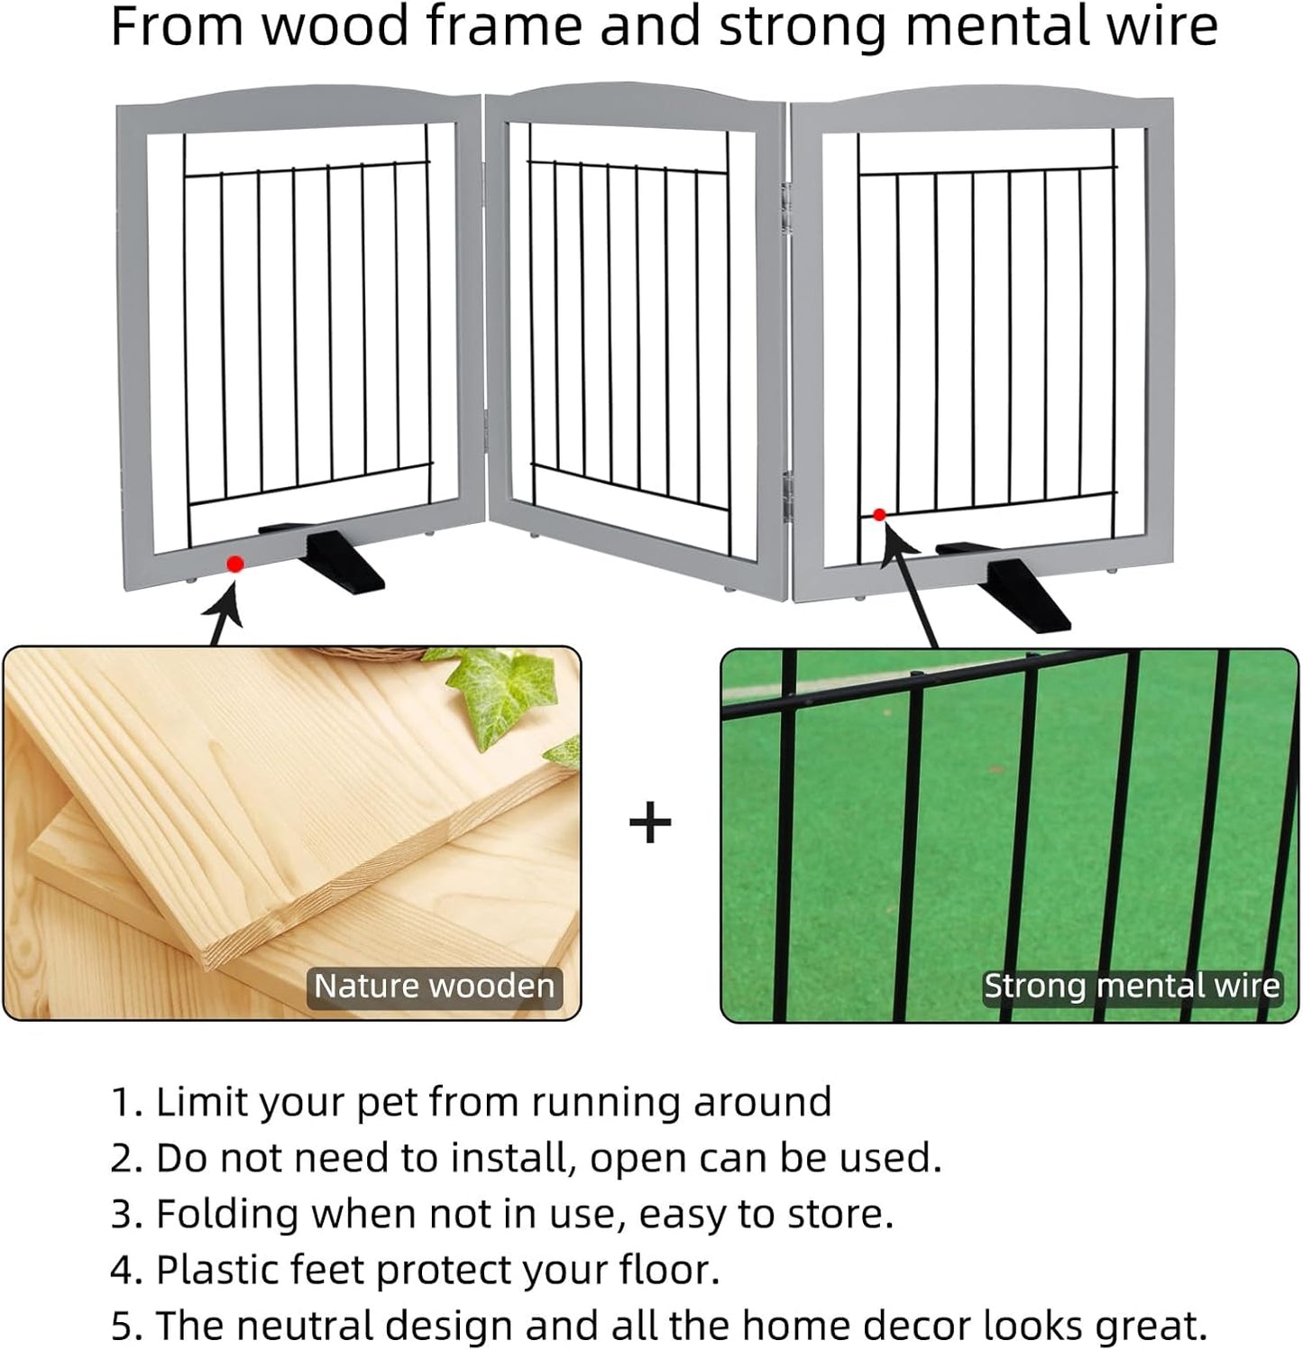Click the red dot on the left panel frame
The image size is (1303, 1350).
(x=235, y=565)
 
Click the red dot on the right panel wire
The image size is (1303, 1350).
(x=879, y=515)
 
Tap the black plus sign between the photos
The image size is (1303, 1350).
(x=650, y=823)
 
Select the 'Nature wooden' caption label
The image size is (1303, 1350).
(x=434, y=986)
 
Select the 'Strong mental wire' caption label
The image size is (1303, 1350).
(x=1131, y=986)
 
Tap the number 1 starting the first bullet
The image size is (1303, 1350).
(x=120, y=1102)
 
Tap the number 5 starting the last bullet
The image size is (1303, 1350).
(x=122, y=1326)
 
